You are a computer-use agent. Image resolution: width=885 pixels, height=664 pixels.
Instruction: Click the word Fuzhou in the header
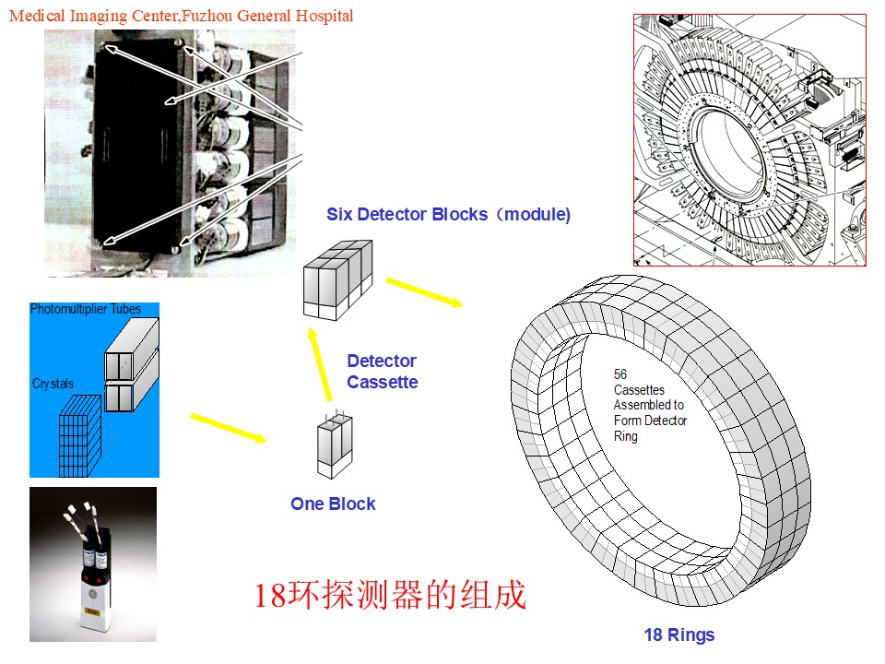point(206,16)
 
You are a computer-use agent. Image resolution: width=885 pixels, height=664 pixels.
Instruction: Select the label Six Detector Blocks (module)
point(449,215)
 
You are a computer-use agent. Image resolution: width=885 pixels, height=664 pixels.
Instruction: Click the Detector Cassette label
point(382,372)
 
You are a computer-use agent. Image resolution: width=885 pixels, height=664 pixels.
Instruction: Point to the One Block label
point(333,504)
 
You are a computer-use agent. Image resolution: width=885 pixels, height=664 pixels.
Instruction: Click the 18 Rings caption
point(679,635)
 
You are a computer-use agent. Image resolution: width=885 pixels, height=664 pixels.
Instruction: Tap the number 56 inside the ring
point(620,374)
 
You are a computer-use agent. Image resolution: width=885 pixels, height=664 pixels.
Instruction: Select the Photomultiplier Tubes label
point(85,309)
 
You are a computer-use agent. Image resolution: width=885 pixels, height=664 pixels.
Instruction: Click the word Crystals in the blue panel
point(53,384)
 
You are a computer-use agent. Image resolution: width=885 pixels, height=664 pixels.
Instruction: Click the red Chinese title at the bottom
point(390,595)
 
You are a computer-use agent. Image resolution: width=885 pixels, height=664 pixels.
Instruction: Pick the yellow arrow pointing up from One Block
point(320,364)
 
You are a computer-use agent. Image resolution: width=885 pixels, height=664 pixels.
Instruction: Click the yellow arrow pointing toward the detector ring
point(425,292)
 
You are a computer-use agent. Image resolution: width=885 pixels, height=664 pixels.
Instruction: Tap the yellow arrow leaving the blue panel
point(229,428)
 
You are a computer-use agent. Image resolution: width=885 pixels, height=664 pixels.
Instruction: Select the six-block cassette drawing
point(337,279)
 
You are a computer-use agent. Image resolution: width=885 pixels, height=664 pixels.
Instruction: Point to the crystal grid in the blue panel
point(80,436)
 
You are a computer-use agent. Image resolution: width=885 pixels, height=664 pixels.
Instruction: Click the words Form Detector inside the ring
point(650,421)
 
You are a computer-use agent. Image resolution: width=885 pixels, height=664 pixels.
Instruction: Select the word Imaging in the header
point(99,17)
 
